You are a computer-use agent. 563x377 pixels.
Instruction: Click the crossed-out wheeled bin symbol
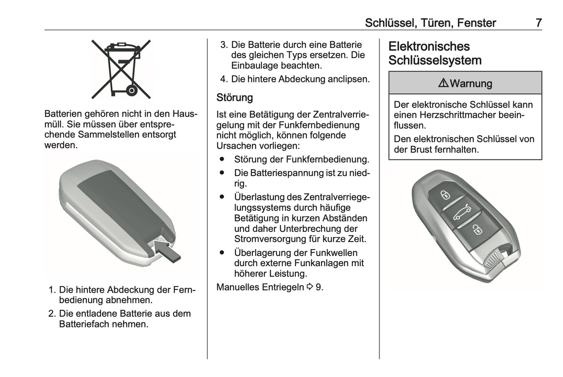click(121, 69)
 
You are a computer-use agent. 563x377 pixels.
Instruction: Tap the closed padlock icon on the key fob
click(445, 194)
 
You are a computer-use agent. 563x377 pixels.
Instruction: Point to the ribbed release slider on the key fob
click(493, 260)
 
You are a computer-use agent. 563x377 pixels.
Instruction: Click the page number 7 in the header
click(538, 23)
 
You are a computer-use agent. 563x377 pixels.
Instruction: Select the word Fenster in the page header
click(476, 23)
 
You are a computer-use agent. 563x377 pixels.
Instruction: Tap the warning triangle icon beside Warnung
click(443, 83)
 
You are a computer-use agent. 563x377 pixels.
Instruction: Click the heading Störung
click(235, 97)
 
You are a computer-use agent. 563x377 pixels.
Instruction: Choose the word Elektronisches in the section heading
click(429, 46)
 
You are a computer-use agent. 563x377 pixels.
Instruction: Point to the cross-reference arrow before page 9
click(310, 287)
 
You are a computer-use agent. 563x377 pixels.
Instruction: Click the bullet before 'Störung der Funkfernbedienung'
click(222, 159)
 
